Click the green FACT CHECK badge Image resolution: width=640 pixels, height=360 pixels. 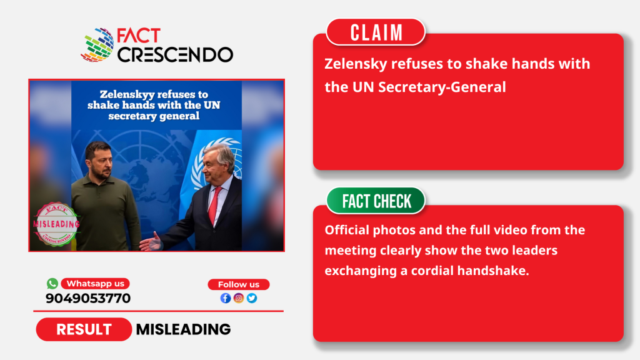376,201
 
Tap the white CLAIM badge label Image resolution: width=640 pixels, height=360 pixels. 376,32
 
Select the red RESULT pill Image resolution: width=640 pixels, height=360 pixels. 84,329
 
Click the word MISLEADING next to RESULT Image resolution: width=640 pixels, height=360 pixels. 183,329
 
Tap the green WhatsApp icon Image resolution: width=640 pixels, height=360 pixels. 52,283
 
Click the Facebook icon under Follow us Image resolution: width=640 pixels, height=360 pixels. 225,298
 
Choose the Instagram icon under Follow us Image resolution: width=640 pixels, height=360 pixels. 239,298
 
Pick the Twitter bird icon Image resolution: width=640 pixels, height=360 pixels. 252,298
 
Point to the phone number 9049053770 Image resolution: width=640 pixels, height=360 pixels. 88,298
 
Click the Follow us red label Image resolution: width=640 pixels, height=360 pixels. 239,284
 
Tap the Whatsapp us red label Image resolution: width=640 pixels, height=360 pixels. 95,283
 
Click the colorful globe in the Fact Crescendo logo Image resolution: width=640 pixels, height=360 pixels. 97,45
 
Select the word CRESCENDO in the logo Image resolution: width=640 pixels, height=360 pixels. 176,55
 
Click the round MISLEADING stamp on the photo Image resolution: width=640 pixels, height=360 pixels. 56,224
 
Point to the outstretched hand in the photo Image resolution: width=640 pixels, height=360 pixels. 151,242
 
